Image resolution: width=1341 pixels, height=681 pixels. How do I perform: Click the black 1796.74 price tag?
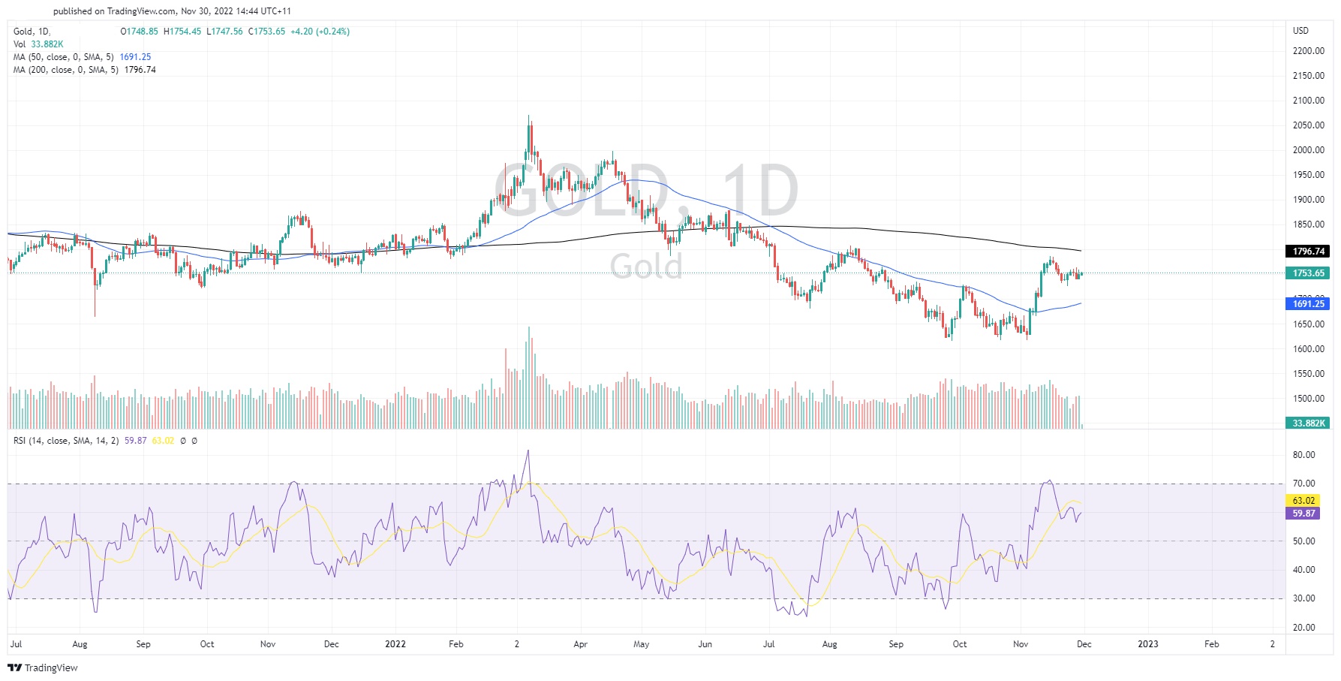tap(1309, 252)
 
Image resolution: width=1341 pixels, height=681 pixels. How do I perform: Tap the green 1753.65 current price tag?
tap(1309, 273)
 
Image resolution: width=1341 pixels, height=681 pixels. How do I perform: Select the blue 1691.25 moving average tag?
tap(1309, 303)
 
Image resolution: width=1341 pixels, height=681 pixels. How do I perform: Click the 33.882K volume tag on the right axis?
tap(1309, 423)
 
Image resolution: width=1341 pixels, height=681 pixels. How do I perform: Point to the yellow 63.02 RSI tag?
tap(1303, 500)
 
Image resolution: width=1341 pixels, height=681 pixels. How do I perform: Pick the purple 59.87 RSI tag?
tap(1303, 514)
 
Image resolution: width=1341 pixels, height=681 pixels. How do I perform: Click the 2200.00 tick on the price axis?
tap(1308, 51)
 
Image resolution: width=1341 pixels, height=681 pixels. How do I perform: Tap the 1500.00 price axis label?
tap(1308, 399)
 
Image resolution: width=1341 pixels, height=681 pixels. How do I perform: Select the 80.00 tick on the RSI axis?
tap(1303, 455)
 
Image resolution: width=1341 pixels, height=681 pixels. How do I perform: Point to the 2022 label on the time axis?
tap(395, 644)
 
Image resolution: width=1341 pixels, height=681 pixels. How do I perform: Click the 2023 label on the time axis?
tap(1147, 644)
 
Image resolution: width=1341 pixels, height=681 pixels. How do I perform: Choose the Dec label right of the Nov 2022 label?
tap(1084, 644)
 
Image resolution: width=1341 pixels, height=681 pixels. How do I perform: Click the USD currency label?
tap(1300, 31)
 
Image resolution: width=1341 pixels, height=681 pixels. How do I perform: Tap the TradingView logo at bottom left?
tap(43, 667)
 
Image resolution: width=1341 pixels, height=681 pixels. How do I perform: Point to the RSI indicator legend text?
tap(66, 441)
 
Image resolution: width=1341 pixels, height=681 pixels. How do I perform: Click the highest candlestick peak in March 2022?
tap(529, 117)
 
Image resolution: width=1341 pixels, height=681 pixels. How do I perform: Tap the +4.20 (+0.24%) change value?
tap(320, 32)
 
